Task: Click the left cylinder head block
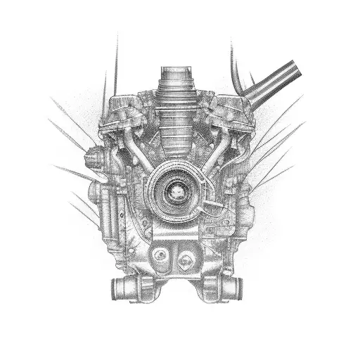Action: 123,116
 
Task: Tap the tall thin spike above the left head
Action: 115,63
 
